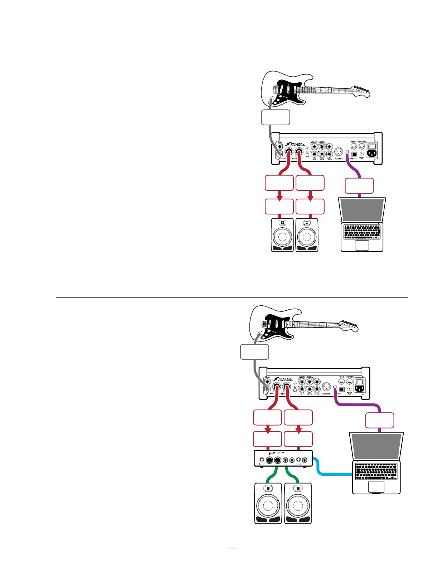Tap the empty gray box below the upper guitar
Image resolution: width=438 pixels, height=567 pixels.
point(276,117)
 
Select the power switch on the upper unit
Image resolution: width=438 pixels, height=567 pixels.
point(372,146)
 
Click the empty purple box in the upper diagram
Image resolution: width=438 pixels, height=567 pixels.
point(359,186)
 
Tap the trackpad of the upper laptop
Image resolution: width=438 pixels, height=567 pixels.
point(362,245)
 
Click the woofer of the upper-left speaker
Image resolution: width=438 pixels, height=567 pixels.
point(282,237)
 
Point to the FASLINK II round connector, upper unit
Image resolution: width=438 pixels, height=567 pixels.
point(338,154)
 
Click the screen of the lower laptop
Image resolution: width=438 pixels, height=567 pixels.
point(376,446)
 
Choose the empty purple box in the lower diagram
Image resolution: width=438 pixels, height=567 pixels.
point(380,420)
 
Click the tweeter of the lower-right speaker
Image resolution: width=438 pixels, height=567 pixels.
point(297,488)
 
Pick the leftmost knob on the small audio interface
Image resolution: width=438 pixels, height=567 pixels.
point(262,460)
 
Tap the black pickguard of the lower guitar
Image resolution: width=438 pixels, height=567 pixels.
point(276,324)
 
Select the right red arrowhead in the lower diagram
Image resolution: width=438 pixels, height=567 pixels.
point(298,430)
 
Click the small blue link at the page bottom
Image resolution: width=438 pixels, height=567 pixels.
point(232,548)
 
